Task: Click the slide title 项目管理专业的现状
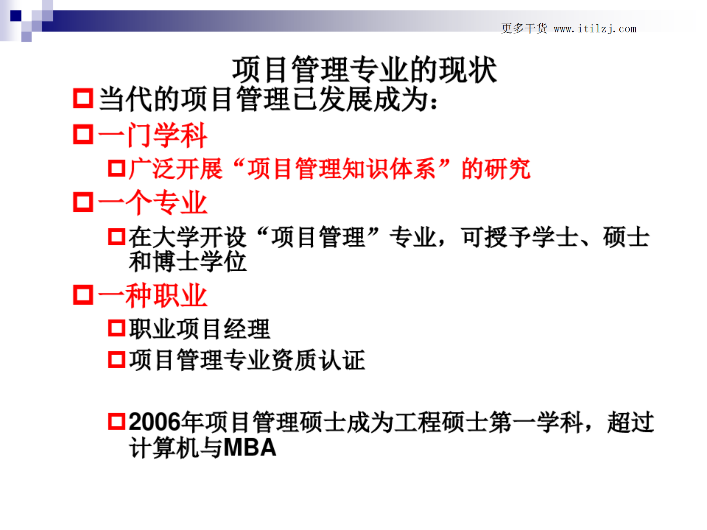(x=364, y=70)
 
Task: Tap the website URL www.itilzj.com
(x=595, y=29)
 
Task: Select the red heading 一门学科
(x=153, y=135)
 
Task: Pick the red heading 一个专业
(x=153, y=202)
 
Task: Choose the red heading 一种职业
(x=153, y=295)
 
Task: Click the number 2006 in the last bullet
(x=155, y=422)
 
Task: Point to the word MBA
(x=250, y=448)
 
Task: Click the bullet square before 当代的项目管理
(x=83, y=98)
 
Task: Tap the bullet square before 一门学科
(x=83, y=134)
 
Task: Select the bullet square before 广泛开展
(x=117, y=168)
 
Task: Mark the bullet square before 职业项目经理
(x=117, y=328)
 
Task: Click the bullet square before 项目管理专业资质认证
(x=117, y=359)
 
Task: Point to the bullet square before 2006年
(x=117, y=421)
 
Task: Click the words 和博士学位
(x=187, y=262)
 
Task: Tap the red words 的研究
(x=496, y=169)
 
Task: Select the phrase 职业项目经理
(x=199, y=329)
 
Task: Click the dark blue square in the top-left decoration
(x=16, y=16)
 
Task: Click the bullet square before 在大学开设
(x=117, y=236)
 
